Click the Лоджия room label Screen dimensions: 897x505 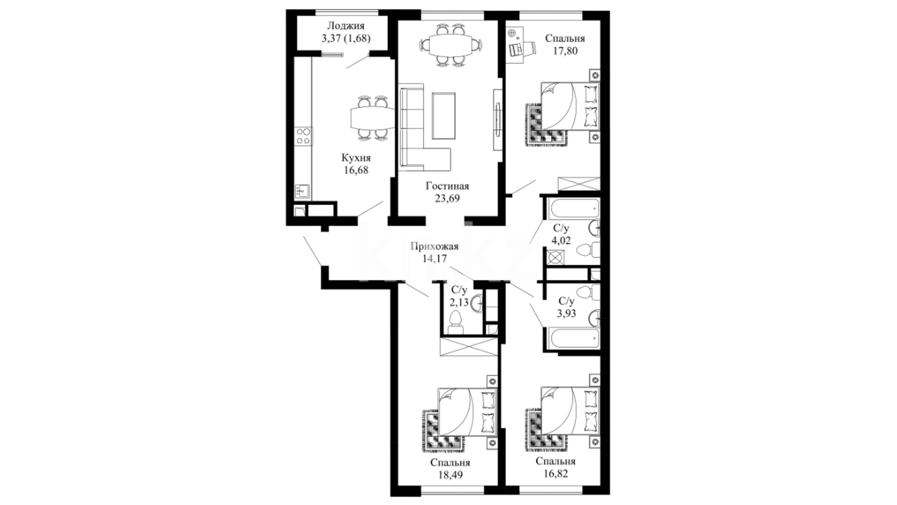click(346, 26)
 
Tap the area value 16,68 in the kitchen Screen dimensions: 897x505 click(356, 170)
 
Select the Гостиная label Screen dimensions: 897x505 click(447, 186)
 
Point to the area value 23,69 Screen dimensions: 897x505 click(447, 198)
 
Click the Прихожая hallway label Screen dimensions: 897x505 click(434, 246)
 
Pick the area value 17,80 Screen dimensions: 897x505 click(565, 50)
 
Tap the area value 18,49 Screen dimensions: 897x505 click(450, 475)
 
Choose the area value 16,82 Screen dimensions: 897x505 click(555, 474)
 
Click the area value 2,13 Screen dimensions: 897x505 click(459, 302)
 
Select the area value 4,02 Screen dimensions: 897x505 click(561, 241)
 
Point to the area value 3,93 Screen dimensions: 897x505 click(566, 313)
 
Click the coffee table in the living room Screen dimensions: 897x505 click(444, 115)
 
